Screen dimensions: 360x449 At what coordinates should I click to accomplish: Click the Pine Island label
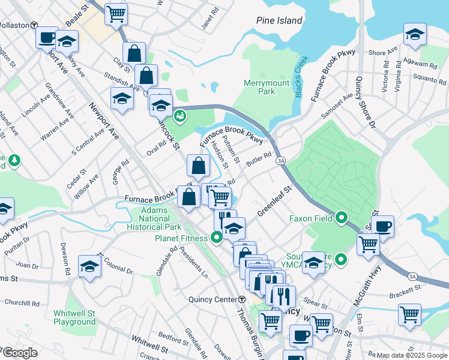[279, 20]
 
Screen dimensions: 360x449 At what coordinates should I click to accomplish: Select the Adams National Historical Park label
[154, 219]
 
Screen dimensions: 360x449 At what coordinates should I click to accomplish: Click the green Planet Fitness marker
[217, 238]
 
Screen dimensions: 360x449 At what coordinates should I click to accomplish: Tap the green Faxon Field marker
[342, 217]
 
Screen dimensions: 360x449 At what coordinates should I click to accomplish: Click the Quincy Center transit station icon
[242, 299]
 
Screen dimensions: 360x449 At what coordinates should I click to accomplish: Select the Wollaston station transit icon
[35, 26]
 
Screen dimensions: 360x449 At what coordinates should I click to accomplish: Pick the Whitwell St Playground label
[74, 317]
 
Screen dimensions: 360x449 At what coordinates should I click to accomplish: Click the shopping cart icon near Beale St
[116, 13]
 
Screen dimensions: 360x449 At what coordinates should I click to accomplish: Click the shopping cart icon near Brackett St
[409, 314]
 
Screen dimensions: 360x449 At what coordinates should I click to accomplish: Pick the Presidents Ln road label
[197, 266]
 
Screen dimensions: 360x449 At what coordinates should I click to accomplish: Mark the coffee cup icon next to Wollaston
[47, 37]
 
